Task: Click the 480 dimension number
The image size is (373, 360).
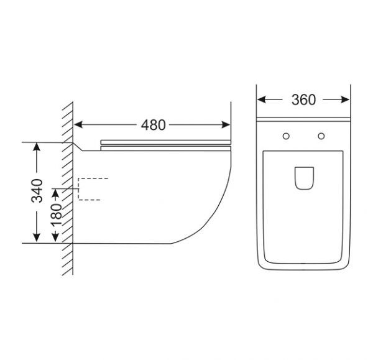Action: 153,125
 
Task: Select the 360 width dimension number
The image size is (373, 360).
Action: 303,100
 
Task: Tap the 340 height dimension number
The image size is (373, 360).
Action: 37,191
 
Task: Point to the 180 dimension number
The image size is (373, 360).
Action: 56,215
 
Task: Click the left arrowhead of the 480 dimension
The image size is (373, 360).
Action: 78,125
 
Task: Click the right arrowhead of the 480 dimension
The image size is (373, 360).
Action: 226,125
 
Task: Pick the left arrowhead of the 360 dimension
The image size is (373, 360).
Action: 262,99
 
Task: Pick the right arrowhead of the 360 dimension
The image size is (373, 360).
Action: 345,99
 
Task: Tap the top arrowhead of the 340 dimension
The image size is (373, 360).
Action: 37,147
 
